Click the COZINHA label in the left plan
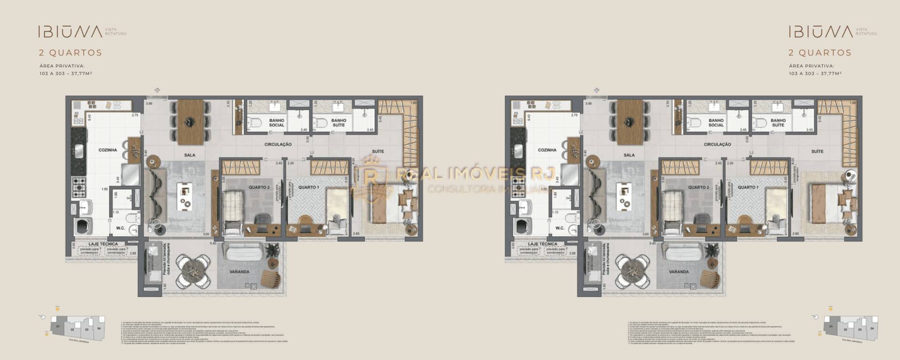click(108, 150)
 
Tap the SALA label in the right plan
click(629, 155)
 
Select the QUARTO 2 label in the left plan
click(259, 187)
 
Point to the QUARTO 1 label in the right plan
click(748, 187)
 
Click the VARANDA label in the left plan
click(240, 272)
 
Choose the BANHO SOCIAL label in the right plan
click(716, 123)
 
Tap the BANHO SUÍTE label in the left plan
click(338, 123)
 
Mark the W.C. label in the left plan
click(120, 228)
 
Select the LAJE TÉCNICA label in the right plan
click(542, 244)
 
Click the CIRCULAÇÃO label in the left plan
click(278, 144)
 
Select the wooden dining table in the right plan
click(630, 122)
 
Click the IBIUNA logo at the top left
click(70, 32)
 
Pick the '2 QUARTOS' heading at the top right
click(820, 53)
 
